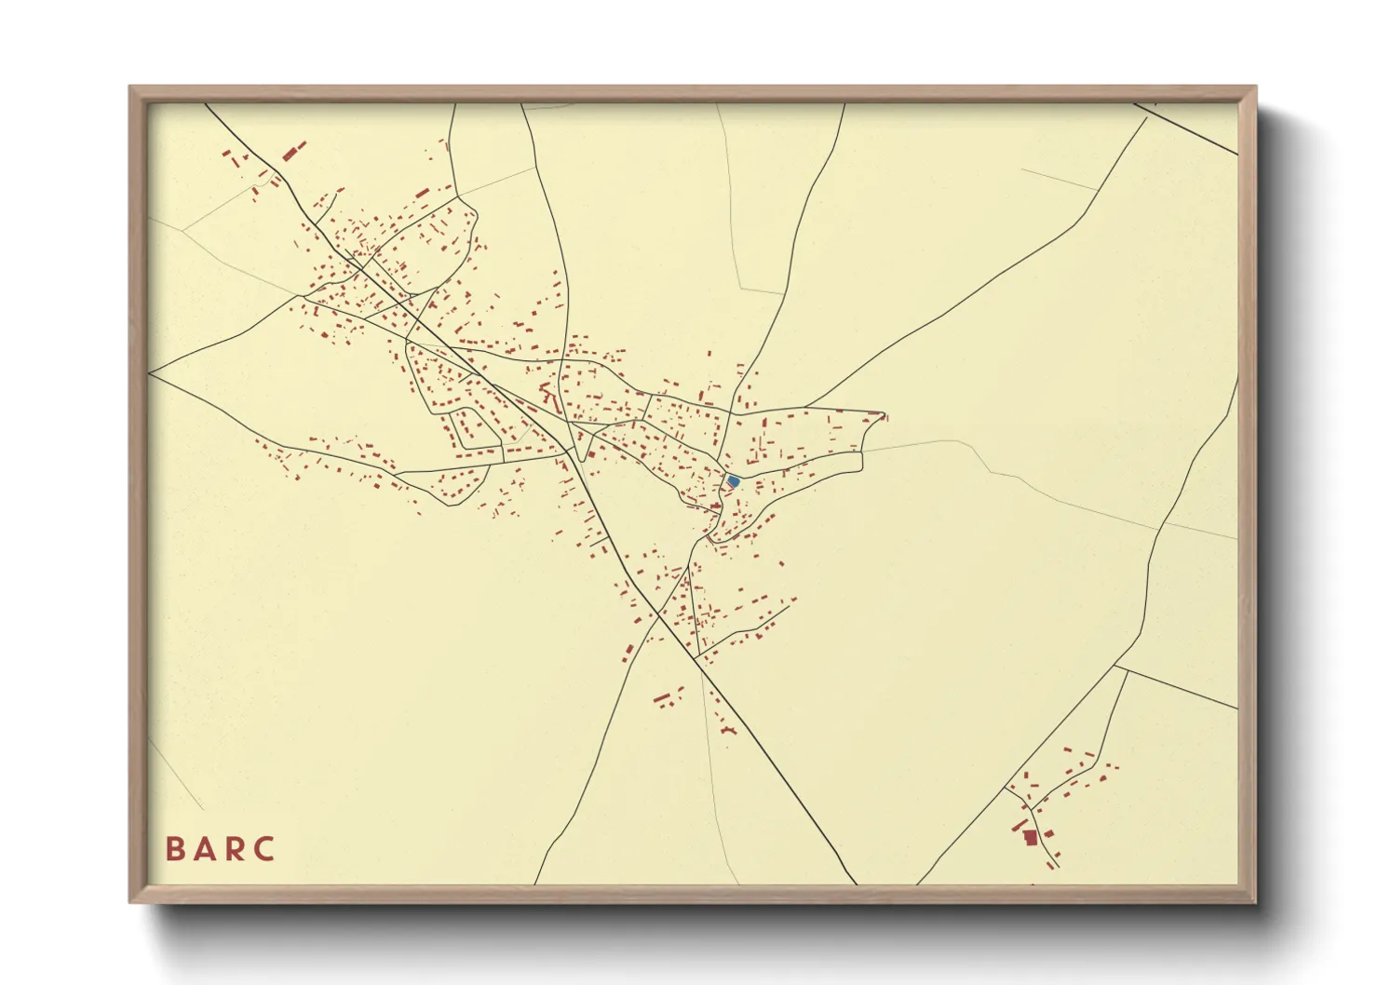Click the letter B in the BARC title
[x=174, y=849]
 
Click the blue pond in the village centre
[x=733, y=481]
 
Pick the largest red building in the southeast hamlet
[x=1030, y=838]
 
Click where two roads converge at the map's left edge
[x=149, y=373]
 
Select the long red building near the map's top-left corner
[x=294, y=151]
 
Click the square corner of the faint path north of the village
[x=742, y=288]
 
